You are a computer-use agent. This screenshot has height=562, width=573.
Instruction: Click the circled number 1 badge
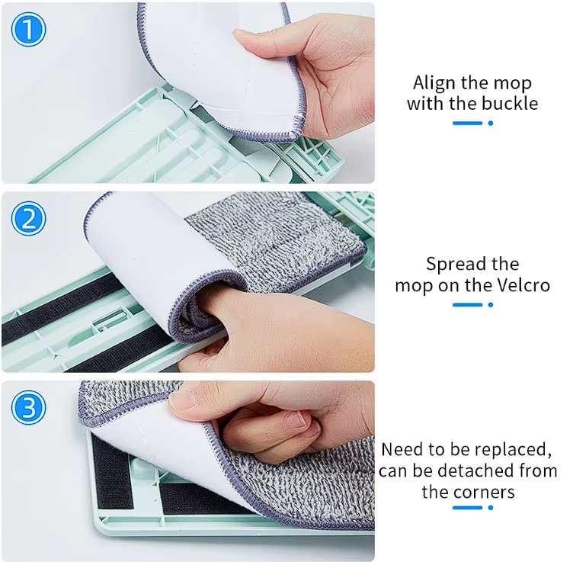tap(28, 29)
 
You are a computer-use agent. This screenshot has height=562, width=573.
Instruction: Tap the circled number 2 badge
tap(28, 219)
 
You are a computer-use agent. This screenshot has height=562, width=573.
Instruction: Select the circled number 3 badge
tap(28, 408)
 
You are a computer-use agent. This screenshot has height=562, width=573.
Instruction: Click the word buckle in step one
tap(511, 103)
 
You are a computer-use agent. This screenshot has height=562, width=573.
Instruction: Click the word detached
tap(474, 470)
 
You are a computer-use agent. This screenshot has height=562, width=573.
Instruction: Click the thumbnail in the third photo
tap(182, 398)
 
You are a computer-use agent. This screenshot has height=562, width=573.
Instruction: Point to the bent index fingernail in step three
tap(296, 419)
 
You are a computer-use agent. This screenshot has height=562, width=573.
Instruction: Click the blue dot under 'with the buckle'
tap(491, 124)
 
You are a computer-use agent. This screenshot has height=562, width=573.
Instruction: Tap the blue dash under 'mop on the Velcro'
tap(467, 304)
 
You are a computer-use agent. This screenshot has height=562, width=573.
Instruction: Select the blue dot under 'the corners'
tap(491, 508)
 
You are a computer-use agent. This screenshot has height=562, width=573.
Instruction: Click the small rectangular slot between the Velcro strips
tap(110, 320)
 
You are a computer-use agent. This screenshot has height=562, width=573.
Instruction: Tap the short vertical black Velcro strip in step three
tap(111, 472)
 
